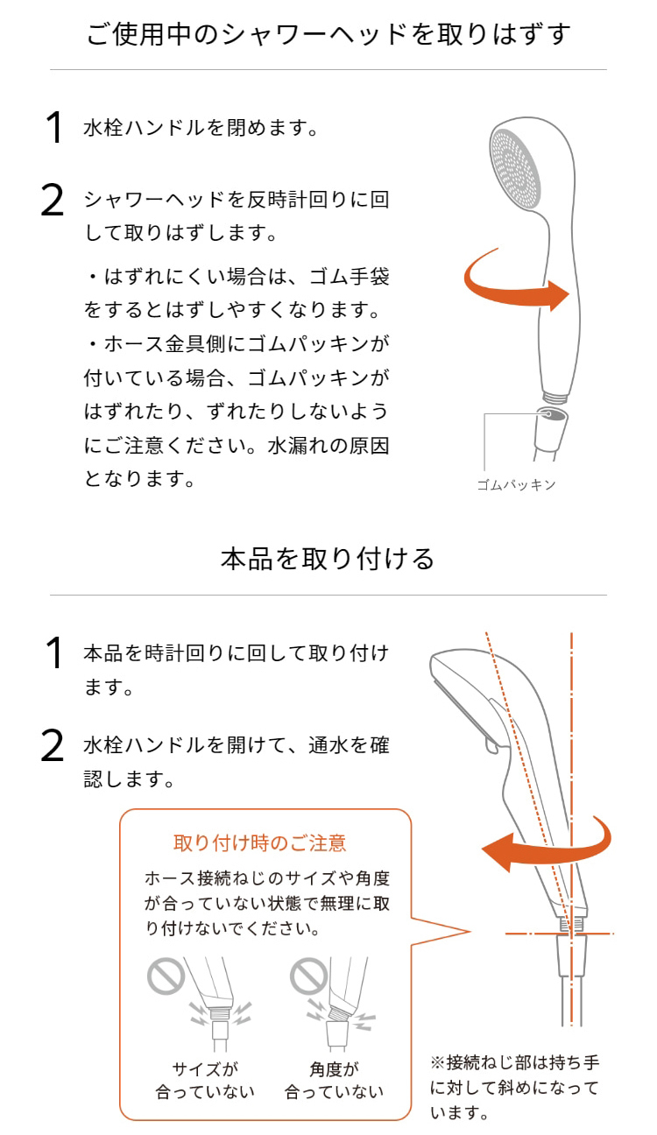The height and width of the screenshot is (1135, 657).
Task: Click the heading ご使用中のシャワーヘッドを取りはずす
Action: coord(328,35)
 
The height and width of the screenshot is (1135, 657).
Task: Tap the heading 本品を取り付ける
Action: coord(328,559)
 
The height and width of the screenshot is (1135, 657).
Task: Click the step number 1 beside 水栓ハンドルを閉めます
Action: coord(54,127)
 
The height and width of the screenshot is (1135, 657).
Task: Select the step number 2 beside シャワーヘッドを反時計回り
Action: coord(53,201)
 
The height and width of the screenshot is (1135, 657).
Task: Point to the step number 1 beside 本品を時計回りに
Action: coord(54,652)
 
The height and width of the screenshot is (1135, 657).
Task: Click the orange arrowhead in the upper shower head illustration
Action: coord(559,295)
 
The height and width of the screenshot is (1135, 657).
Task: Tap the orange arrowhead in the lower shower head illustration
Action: coord(496,852)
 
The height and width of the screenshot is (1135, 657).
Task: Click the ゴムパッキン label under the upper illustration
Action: coord(516,485)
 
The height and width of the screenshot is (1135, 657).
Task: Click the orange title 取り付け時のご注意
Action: coord(260,843)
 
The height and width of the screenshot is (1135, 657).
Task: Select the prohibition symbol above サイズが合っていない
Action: coord(166,976)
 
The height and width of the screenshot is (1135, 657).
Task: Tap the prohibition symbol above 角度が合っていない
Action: coord(308,976)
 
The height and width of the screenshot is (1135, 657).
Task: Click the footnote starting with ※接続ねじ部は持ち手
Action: coord(514,1087)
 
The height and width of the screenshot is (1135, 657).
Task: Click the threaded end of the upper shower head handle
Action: coord(555,396)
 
